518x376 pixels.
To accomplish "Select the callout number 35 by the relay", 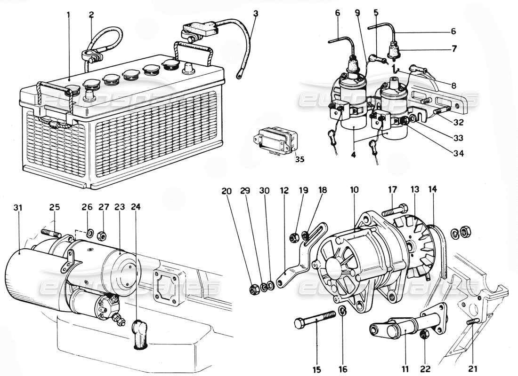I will point(299,159).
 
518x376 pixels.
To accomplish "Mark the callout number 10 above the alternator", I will point(354,190).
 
